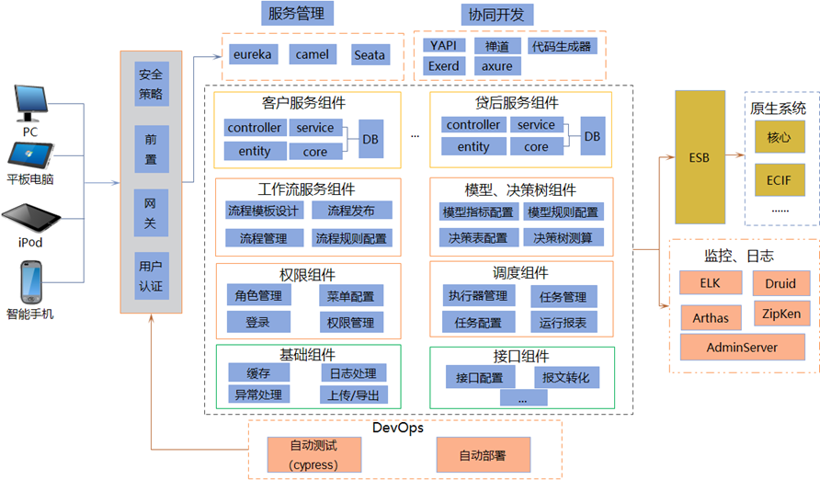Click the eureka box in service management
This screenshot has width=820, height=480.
tap(253, 55)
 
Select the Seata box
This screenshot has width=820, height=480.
tap(370, 55)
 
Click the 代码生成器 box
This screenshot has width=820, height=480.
tap(561, 46)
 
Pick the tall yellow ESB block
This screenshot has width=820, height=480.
tap(700, 157)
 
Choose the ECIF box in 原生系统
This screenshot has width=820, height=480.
tap(779, 177)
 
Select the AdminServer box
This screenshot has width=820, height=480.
tap(742, 348)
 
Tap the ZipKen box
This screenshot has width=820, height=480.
tap(781, 314)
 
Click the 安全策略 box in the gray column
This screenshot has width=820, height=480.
tap(150, 84)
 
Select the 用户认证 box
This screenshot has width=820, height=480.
tap(150, 276)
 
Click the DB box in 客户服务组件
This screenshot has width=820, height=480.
tap(370, 138)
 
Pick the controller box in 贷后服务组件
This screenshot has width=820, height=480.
tap(473, 125)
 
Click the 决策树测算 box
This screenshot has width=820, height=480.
tap(564, 238)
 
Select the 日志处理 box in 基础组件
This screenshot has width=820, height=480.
tap(353, 372)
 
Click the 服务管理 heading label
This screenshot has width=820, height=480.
tap(297, 14)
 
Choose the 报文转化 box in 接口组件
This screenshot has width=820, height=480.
tap(566, 378)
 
